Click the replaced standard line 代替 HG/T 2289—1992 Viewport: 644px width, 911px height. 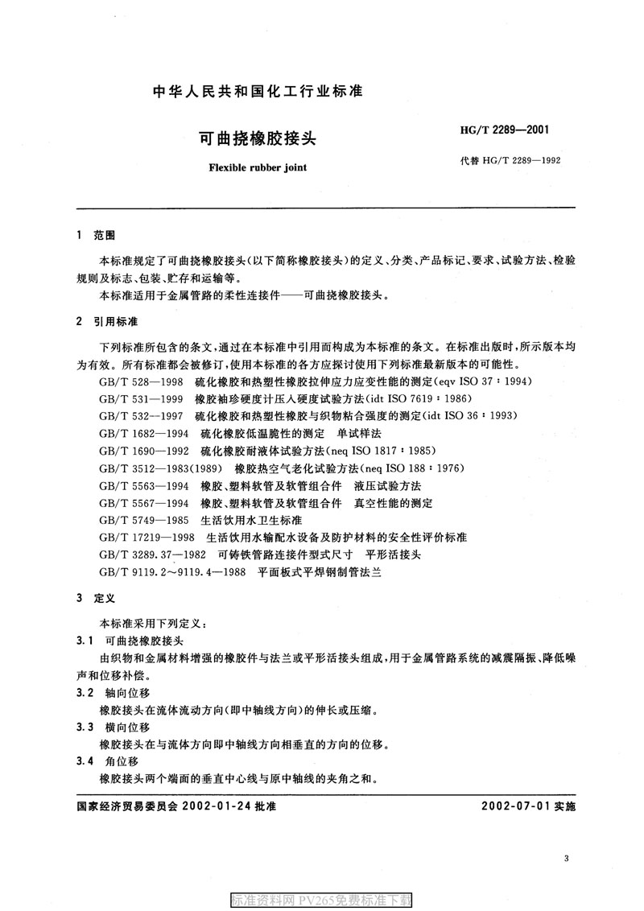(x=509, y=160)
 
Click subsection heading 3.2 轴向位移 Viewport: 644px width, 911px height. (x=113, y=693)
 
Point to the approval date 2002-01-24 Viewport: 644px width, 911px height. (x=217, y=806)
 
